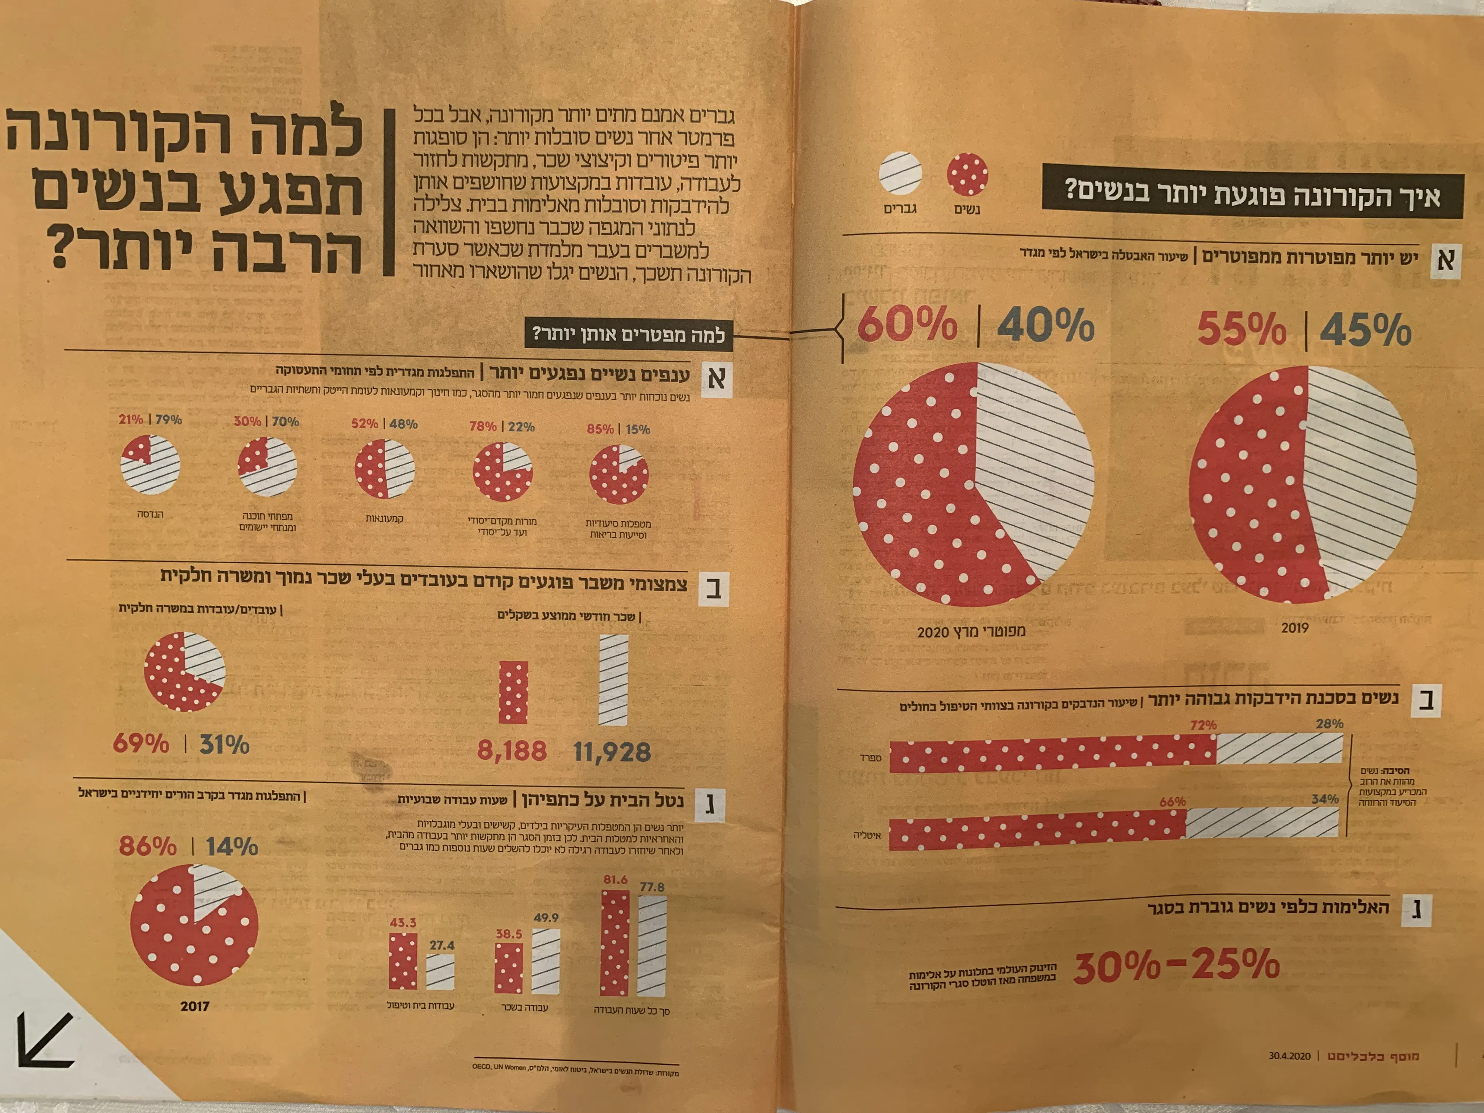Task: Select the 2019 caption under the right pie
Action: tap(1295, 628)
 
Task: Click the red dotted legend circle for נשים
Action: tap(967, 174)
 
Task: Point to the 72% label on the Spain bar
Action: tap(1203, 725)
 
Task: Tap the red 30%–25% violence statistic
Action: tap(1177, 965)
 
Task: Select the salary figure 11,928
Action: tap(612, 752)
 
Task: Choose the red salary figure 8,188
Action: tap(512, 751)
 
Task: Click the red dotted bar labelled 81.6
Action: tap(615, 943)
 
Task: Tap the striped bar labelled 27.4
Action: tap(440, 971)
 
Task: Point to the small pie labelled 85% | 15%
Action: tap(619, 475)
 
